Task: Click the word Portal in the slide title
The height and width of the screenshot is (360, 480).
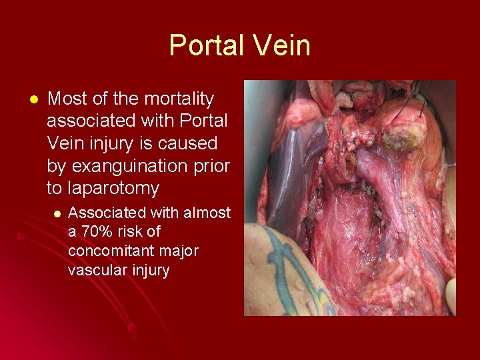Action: [207, 45]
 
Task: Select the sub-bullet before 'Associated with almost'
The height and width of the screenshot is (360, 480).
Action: [57, 213]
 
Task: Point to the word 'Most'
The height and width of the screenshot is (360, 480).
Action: [65, 99]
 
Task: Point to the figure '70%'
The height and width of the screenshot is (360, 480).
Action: [95, 232]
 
